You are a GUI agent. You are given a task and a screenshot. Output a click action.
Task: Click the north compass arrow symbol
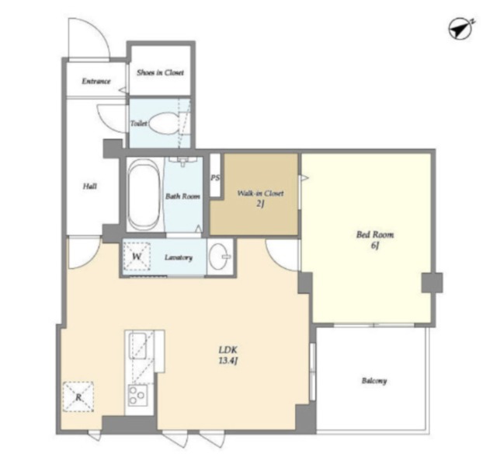click(461, 30)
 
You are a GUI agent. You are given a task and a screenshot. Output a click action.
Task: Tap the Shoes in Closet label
click(160, 72)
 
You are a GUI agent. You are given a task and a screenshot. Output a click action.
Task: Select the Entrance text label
click(96, 81)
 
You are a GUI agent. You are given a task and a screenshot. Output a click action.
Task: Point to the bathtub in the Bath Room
click(144, 195)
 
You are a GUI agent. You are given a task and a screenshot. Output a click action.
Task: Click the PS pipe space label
click(215, 178)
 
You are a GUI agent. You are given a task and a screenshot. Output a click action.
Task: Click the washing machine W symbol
click(137, 257)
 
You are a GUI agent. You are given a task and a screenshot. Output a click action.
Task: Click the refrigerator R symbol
click(78, 397)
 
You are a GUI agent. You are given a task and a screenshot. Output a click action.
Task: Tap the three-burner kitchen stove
click(137, 396)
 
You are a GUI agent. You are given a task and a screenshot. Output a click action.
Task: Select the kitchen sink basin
click(137, 345)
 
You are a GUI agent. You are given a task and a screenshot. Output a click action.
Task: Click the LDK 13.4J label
click(228, 355)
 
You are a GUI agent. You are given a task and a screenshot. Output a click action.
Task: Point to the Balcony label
click(374, 380)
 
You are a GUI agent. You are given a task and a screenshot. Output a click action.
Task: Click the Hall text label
click(90, 187)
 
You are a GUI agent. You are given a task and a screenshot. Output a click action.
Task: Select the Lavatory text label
click(179, 257)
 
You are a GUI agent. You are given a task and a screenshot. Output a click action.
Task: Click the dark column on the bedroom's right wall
click(432, 282)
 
